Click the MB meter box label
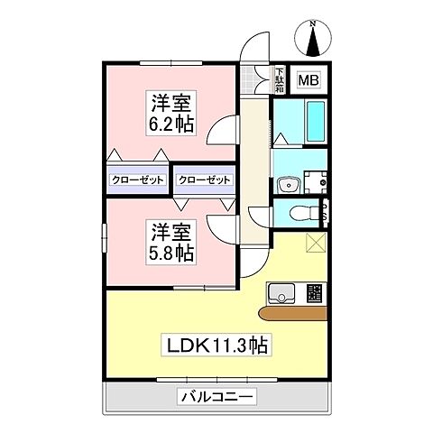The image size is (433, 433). pos(309,80)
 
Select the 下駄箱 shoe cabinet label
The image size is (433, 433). pos(280,78)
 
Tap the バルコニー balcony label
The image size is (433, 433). pos(216,395)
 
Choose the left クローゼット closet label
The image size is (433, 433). pos(138,180)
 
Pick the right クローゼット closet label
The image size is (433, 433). pos(205,180)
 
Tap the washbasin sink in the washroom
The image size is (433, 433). pos(290,184)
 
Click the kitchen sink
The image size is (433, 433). pos(281,292)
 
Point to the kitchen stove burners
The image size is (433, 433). pos(314,292)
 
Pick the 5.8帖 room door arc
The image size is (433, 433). pos(222,226)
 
